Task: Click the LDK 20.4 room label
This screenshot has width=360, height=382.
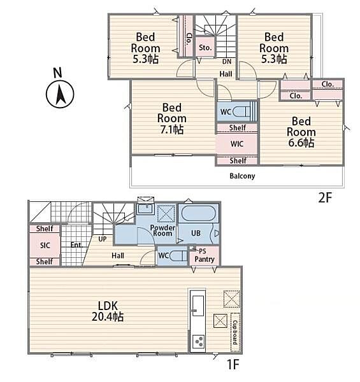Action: [108, 311]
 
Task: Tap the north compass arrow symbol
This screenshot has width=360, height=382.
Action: [60, 94]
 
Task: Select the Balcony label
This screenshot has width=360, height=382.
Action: [242, 176]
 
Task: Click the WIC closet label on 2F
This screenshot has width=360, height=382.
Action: [237, 144]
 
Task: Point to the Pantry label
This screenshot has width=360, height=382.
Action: [205, 259]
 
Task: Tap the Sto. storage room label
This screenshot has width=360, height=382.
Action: [205, 48]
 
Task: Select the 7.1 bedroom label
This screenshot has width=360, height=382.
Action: [172, 118]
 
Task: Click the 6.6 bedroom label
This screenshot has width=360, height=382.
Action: [301, 132]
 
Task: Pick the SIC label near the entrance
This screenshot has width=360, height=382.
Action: [45, 245]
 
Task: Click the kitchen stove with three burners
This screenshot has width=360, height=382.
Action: [198, 341]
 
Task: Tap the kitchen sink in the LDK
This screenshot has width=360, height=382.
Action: [198, 306]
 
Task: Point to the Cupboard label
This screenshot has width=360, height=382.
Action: [235, 332]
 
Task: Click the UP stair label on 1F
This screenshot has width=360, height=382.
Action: [103, 239]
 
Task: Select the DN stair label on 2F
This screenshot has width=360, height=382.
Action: [227, 62]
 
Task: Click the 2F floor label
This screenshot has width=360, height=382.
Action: [325, 197]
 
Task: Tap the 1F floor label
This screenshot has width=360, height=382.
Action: [233, 365]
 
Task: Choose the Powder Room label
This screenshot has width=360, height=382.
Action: [162, 230]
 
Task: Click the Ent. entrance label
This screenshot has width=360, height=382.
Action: [76, 245]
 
